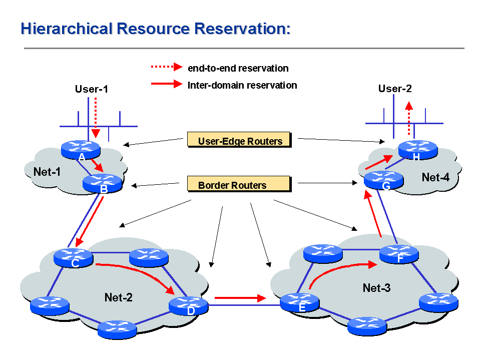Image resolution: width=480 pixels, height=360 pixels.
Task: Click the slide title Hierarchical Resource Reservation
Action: pos(156,29)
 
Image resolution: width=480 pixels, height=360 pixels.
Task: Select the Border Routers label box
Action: pos(239,184)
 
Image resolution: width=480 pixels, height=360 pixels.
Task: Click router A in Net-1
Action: pos(81,149)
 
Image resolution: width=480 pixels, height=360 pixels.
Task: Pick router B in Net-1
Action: pos(103,182)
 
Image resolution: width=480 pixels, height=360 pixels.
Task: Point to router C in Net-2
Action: pos(74,256)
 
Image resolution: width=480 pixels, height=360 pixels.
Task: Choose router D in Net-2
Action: pos(189,304)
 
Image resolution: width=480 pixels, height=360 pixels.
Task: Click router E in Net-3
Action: pos(299,301)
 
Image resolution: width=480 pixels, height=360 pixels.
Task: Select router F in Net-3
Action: pos(398,254)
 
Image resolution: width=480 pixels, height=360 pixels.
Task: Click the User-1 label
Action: pos(92,90)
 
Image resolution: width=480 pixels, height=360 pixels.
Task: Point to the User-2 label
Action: pos(395,89)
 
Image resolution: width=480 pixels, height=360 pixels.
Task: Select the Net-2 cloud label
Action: pos(119,297)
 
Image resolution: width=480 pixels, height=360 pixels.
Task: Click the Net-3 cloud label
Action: pos(376,287)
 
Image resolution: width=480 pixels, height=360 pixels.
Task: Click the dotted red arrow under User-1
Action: pos(96,116)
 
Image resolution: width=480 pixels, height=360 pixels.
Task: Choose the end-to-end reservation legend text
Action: pos(238,68)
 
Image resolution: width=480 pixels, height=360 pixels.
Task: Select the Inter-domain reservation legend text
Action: pos(242,85)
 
